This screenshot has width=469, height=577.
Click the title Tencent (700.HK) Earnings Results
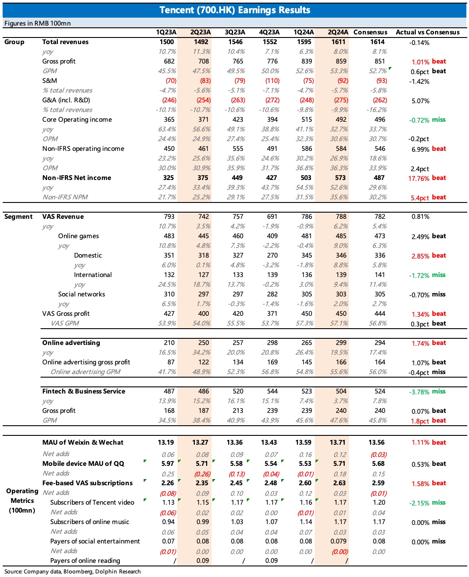pos(234,10)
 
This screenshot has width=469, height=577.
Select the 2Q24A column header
pos(338,32)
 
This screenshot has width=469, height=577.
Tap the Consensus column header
pos(370,32)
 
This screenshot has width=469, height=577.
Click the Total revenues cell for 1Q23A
pos(167,42)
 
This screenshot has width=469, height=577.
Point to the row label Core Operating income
pos(77,120)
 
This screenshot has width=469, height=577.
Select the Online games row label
pos(78,236)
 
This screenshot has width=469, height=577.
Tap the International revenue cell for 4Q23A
pos(272,275)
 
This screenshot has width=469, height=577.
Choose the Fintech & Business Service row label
pos(84,391)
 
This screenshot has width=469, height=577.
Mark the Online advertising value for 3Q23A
pos(238,343)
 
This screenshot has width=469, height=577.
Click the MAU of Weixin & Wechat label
pos(83,442)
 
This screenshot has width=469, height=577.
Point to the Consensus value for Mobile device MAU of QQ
pos(378,464)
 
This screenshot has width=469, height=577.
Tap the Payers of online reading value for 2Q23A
pos(203,561)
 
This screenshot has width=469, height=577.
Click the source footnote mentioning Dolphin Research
pos(73,572)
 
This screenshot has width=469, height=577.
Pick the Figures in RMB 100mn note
pos(37,23)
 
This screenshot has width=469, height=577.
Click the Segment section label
pos(19,217)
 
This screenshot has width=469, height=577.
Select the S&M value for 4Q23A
pos(272,81)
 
